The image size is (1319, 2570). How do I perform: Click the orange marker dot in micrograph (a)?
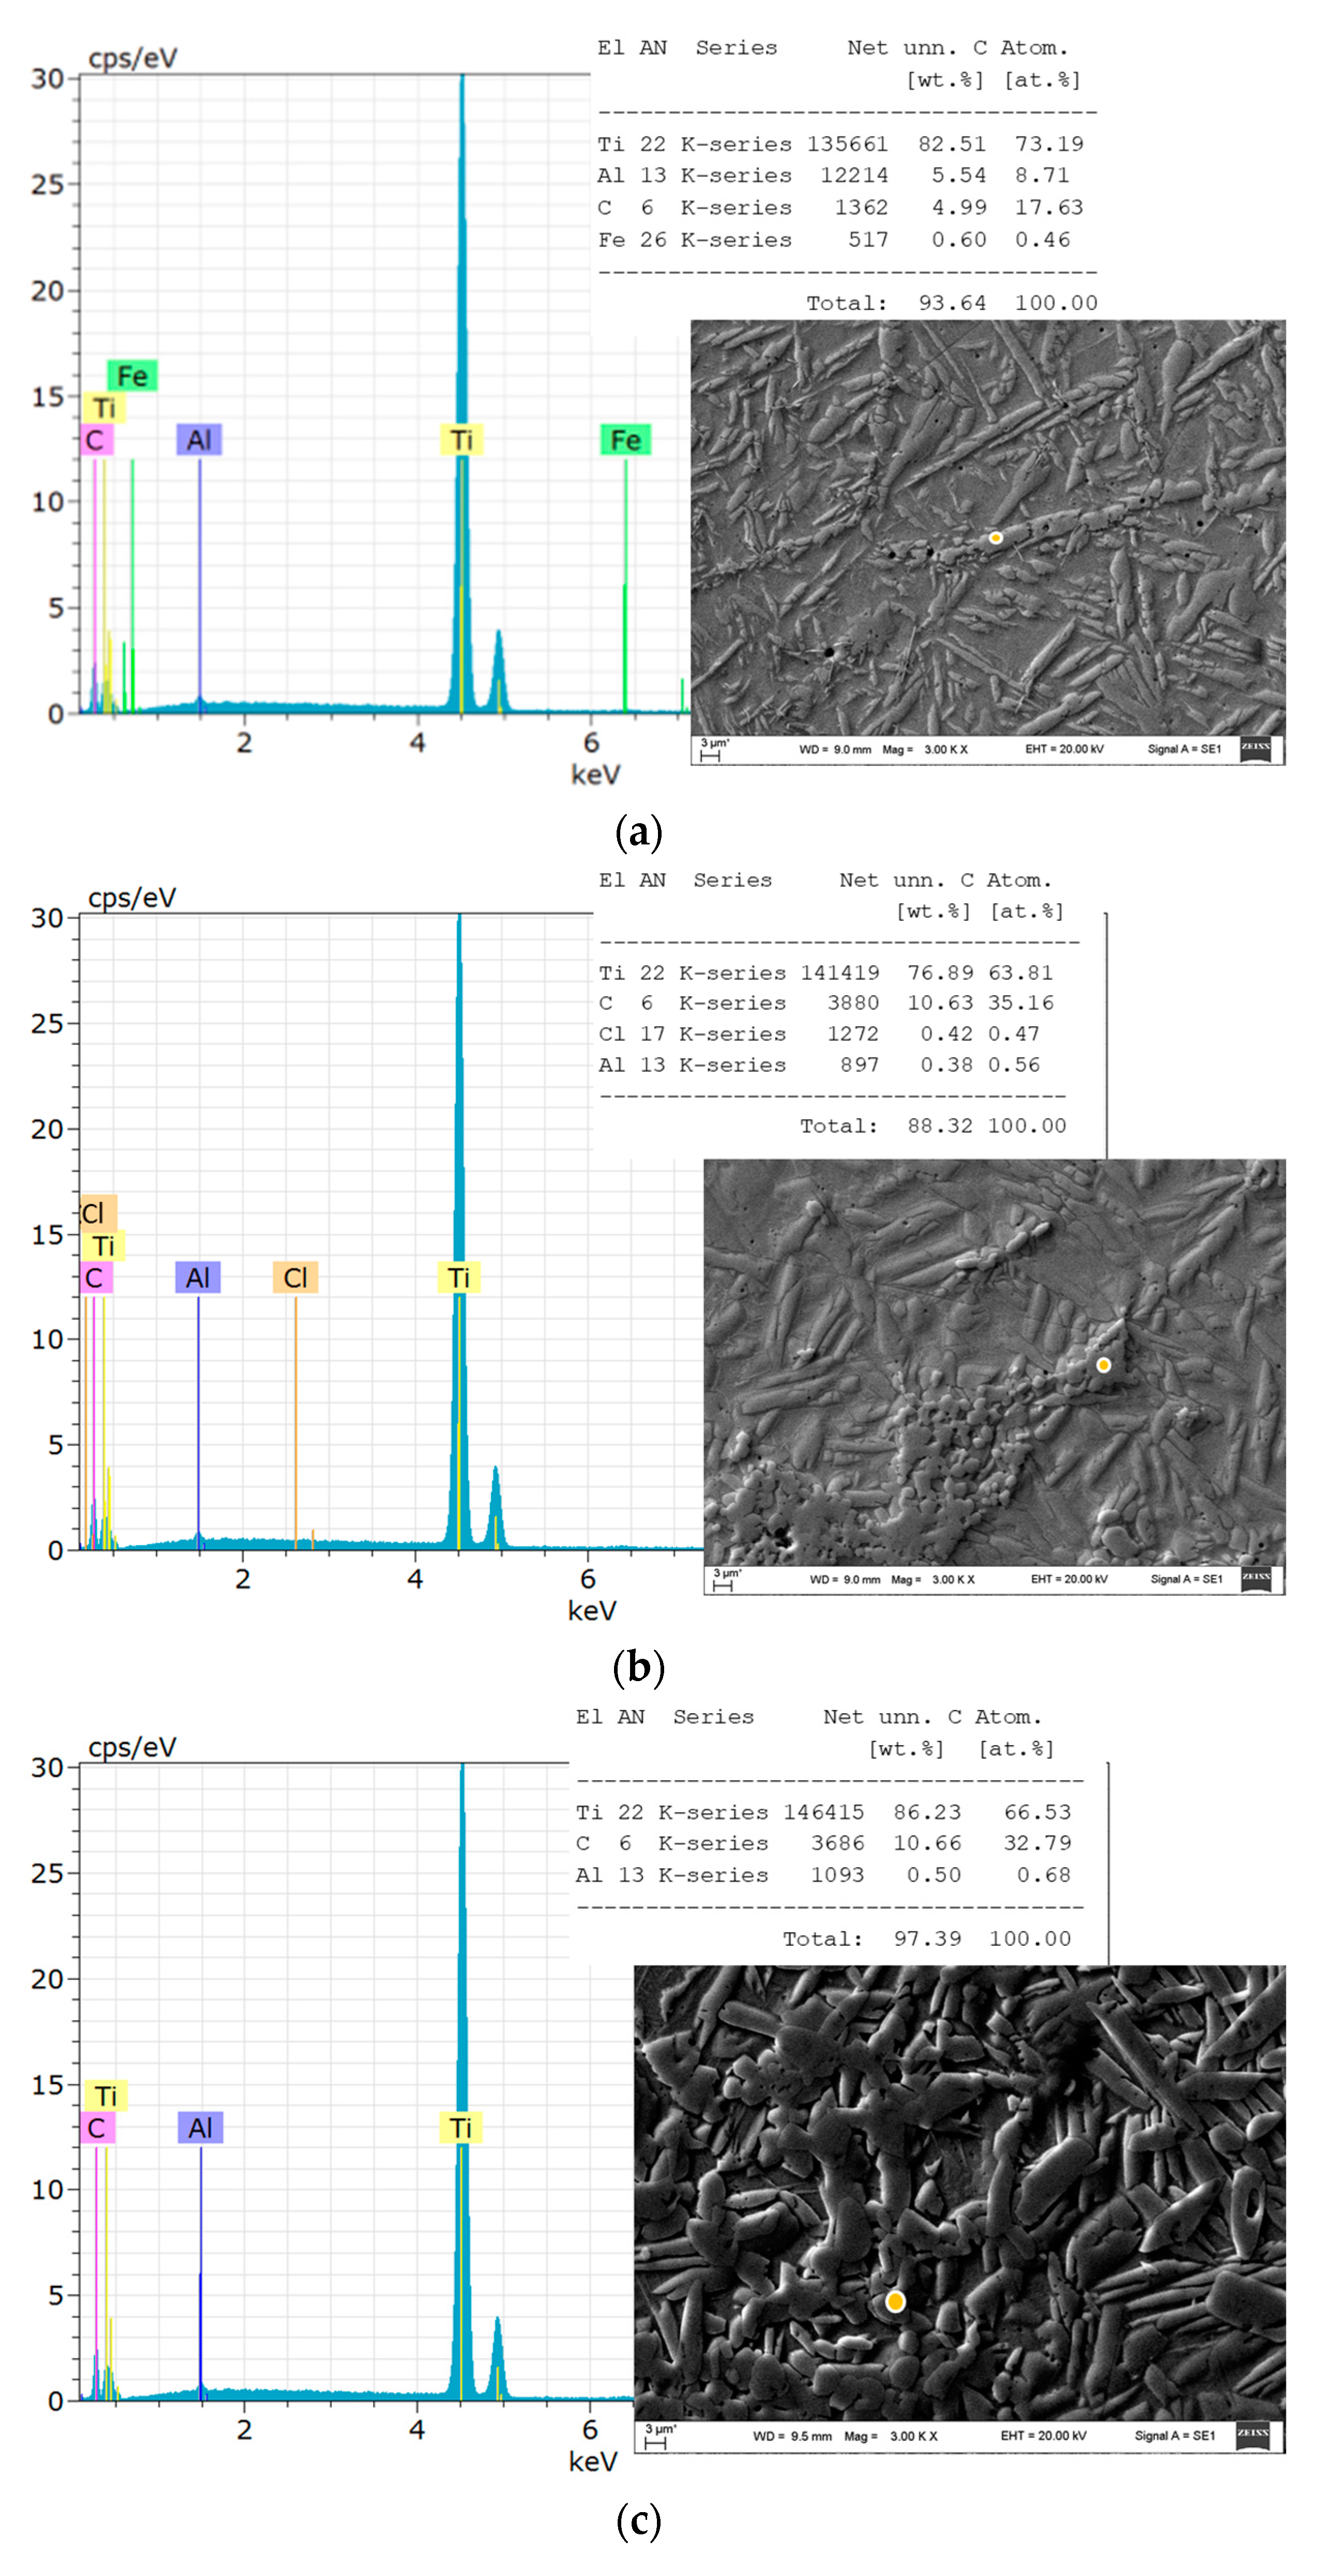(995, 538)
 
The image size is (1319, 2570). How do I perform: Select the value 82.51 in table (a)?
(951, 144)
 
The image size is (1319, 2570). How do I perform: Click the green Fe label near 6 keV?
(624, 440)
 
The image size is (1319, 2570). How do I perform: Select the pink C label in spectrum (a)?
(95, 440)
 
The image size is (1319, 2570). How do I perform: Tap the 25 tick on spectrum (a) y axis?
(47, 184)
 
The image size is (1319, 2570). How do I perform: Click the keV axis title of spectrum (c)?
(593, 2461)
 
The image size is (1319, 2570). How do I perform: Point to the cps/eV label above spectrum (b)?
(132, 898)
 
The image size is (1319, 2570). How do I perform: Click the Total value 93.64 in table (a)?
(951, 303)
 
